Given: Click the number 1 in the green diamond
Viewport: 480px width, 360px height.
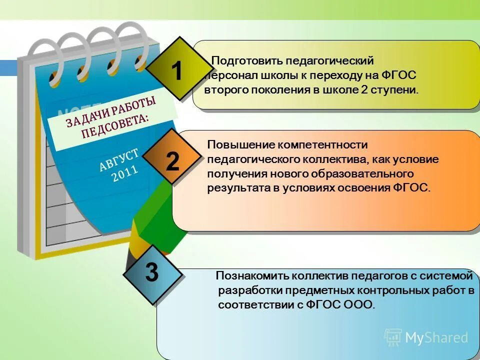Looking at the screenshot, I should (176, 71).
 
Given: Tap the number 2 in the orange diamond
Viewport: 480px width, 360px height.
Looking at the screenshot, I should (172, 162).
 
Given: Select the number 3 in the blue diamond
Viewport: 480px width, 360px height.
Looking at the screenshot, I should (152, 273).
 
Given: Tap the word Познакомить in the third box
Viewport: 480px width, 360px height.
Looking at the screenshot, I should (244, 276).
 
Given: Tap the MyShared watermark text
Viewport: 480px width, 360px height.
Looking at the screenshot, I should (436, 337).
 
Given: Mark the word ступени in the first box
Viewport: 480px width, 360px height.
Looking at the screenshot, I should (398, 90).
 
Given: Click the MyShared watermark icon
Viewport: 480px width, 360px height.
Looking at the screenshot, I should (393, 337).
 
